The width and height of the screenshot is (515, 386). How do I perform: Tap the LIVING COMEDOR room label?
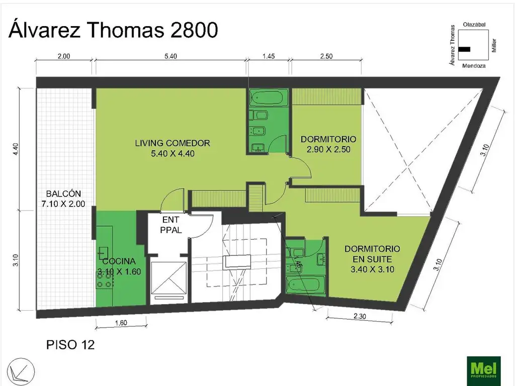tap(172, 148)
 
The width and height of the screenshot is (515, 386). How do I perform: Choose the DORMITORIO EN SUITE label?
tap(372, 259)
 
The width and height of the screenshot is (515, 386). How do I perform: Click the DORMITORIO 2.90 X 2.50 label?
tap(328, 144)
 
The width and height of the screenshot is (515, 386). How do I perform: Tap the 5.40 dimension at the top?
tap(170, 56)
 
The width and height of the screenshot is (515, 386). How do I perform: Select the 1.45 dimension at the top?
tap(269, 56)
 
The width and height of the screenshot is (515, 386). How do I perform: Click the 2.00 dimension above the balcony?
tap(63, 56)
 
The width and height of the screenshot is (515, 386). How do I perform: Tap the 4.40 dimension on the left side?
tap(16, 149)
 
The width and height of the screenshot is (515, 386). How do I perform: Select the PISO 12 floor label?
tap(70, 345)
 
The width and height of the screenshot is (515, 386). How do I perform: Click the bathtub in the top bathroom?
tap(269, 99)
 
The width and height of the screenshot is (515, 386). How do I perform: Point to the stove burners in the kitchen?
tap(104, 284)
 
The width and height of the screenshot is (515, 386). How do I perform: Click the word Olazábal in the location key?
tap(474, 25)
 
